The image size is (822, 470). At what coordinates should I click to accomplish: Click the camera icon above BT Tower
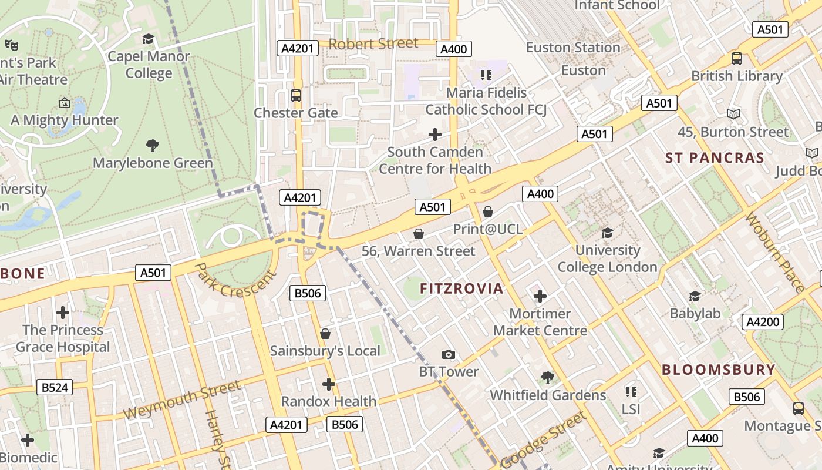tap(449, 354)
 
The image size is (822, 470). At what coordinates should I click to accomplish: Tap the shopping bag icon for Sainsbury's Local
tap(325, 334)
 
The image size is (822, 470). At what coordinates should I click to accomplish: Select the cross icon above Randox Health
tap(329, 384)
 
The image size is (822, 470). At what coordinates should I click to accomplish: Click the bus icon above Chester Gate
tap(296, 95)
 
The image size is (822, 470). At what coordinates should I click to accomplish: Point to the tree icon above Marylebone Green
tap(153, 145)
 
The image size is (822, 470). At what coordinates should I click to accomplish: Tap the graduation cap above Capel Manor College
tap(148, 39)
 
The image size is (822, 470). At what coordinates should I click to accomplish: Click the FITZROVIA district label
tap(461, 288)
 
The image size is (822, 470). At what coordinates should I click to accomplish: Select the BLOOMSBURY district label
tap(719, 370)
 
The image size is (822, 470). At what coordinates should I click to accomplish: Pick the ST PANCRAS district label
tap(715, 157)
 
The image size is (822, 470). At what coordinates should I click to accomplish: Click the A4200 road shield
tap(763, 321)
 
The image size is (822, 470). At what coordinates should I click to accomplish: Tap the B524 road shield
tap(55, 387)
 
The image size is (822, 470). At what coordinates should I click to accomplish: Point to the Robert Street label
tap(373, 43)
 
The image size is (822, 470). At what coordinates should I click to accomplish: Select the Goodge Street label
tap(544, 439)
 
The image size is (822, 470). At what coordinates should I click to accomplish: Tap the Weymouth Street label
tap(181, 400)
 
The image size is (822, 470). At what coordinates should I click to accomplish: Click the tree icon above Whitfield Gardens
tap(548, 377)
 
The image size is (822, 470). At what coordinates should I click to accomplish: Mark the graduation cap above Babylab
tap(695, 296)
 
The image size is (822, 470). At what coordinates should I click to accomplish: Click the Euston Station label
tap(573, 48)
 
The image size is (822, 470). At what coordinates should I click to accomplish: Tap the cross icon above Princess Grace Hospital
tap(63, 312)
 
